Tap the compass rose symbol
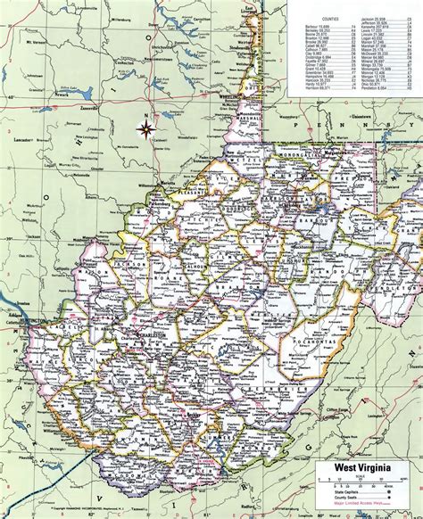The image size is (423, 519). [x=145, y=130]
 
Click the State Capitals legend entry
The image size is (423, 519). [x=357, y=493]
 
